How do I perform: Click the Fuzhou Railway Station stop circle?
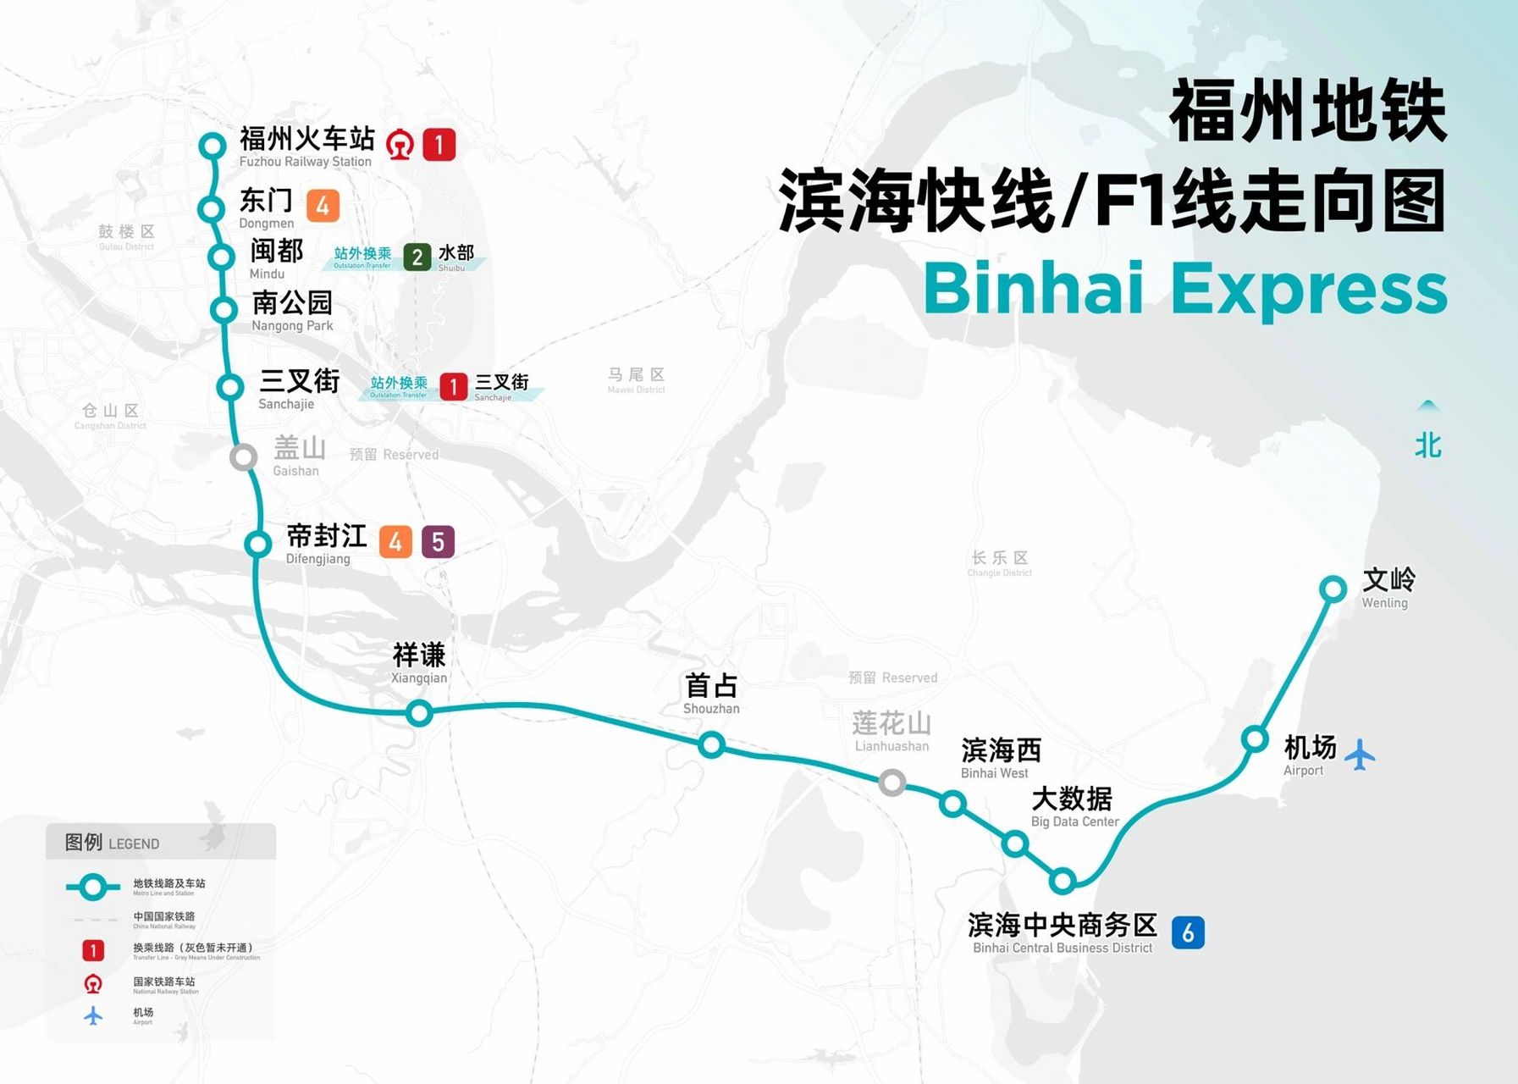[x=212, y=146]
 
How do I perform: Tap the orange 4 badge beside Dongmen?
[x=323, y=206]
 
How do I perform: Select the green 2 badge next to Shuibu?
[x=417, y=257]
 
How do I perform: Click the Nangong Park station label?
[x=292, y=311]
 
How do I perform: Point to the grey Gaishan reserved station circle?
[x=244, y=457]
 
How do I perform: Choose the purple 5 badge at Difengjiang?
[x=438, y=542]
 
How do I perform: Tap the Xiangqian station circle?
[x=419, y=713]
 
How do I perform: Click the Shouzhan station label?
[x=711, y=694]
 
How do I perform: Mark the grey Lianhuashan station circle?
[x=891, y=783]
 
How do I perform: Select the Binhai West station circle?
[x=952, y=804]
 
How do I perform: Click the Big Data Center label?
[x=1074, y=806]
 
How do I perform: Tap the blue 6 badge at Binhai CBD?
[x=1188, y=932]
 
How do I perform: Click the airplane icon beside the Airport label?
[x=1360, y=755]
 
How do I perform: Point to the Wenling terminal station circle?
[x=1333, y=589]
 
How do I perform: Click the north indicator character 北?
[x=1428, y=445]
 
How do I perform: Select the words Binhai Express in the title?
[x=1184, y=289]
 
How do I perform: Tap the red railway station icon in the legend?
[x=93, y=984]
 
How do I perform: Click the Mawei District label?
[x=636, y=380]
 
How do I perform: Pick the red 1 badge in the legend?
[x=93, y=951]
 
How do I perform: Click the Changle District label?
[x=1000, y=563]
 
